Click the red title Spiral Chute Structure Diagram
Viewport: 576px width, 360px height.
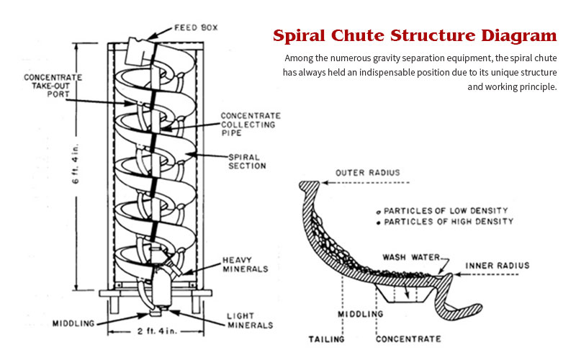tap(414, 35)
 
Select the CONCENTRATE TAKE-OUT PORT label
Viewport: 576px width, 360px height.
tap(53, 86)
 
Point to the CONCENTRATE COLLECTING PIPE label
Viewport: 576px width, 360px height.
tap(250, 125)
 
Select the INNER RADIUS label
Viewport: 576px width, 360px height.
tap(497, 266)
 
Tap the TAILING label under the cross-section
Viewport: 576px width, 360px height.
tap(326, 338)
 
